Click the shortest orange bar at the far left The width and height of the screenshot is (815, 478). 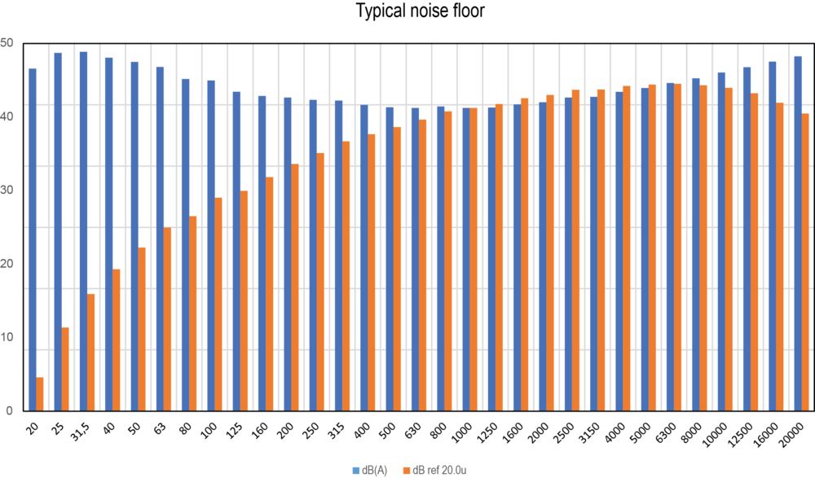[x=40, y=392]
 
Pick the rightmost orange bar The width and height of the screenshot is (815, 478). [x=806, y=261]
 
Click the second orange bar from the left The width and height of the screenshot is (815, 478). [x=66, y=368]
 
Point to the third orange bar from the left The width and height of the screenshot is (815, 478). [x=91, y=351]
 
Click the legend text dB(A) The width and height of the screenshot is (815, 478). [x=375, y=470]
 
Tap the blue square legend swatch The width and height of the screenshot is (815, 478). [x=356, y=470]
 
